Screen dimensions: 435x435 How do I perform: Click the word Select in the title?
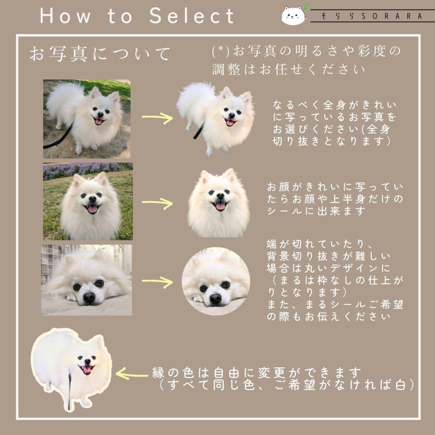(x=192, y=15)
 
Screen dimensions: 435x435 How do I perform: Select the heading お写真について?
(x=100, y=54)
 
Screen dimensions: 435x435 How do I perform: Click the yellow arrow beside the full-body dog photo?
(x=157, y=118)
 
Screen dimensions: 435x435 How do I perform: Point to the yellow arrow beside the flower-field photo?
(x=157, y=203)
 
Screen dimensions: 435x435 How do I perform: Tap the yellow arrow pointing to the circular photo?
(x=157, y=282)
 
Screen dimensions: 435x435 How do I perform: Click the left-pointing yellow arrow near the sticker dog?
(x=132, y=374)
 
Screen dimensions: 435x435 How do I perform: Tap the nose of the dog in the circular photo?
(x=216, y=299)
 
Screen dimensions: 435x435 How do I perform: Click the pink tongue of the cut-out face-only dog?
(x=220, y=206)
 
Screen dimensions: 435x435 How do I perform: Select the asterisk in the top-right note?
(x=221, y=49)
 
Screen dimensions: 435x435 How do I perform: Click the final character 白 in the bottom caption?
(x=401, y=385)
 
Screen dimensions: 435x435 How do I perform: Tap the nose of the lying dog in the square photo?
(x=89, y=297)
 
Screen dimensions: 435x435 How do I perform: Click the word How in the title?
(x=65, y=16)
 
